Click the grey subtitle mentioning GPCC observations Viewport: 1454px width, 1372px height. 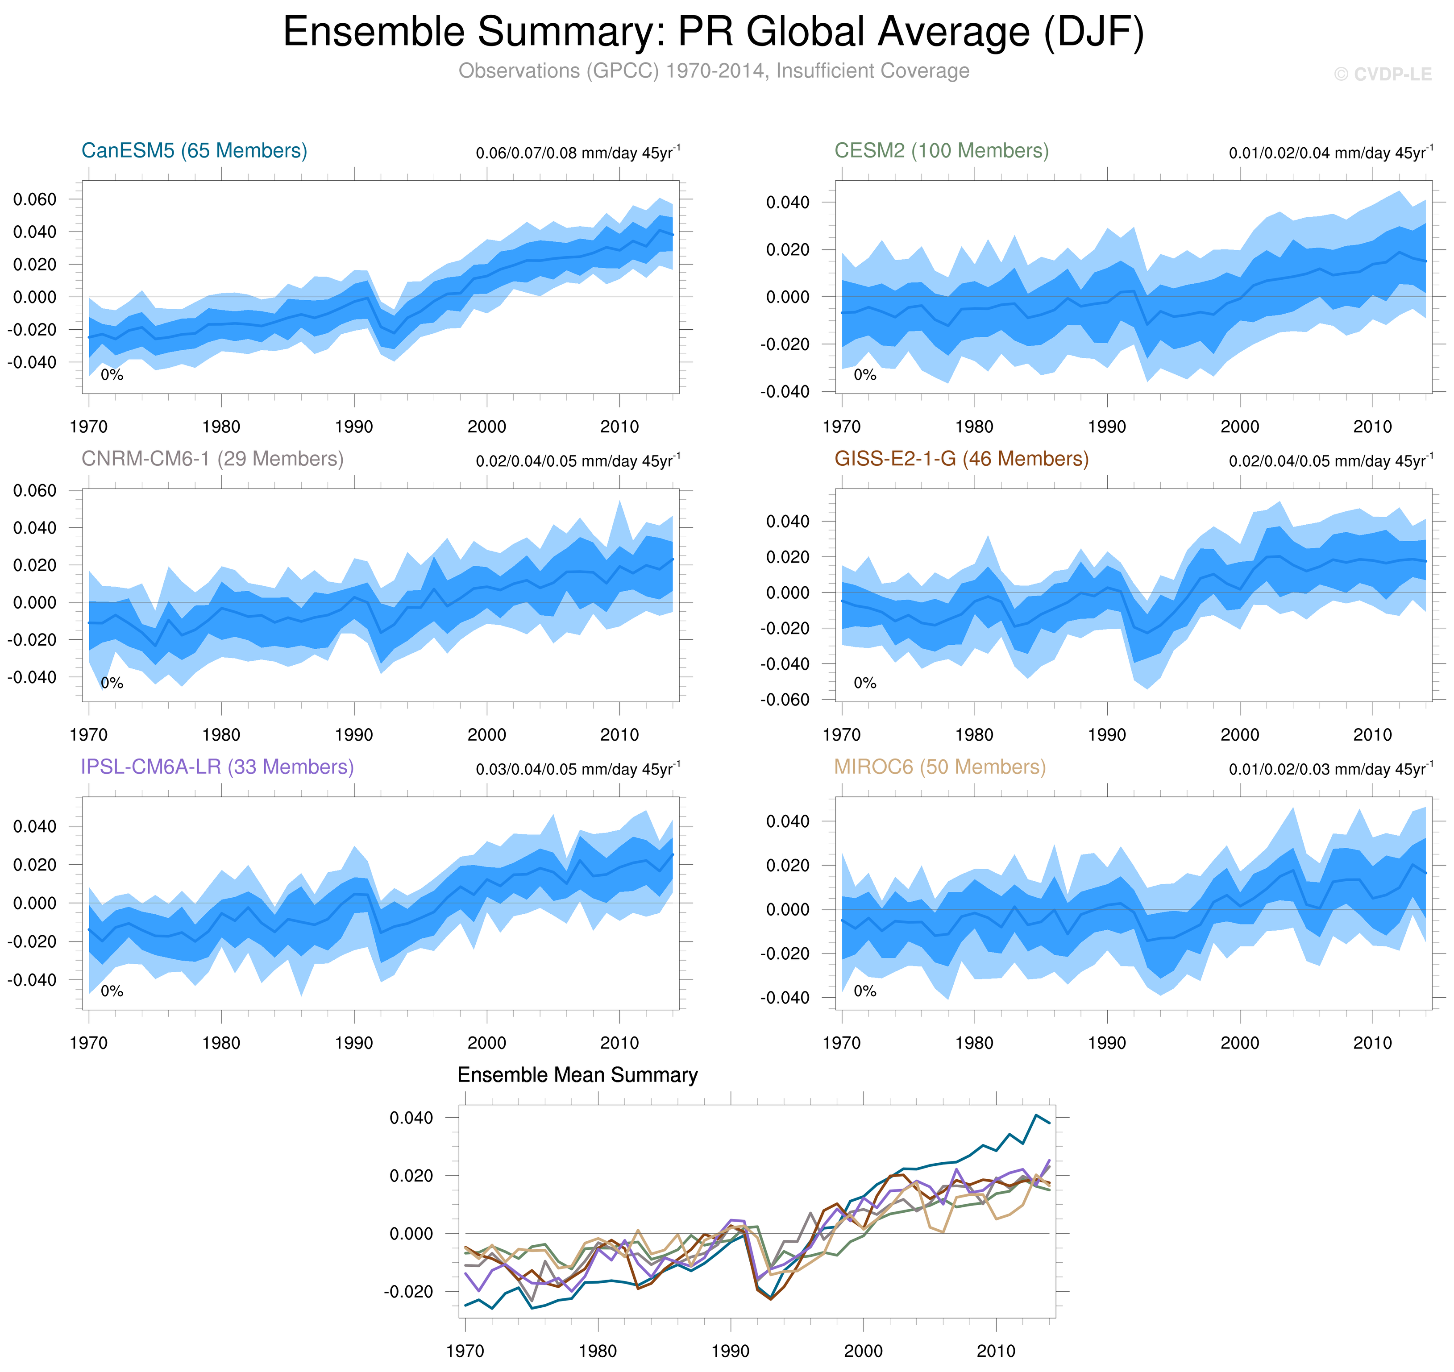[x=713, y=71]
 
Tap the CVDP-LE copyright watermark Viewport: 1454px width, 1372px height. [x=1382, y=75]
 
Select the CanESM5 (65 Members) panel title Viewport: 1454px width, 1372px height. [x=194, y=151]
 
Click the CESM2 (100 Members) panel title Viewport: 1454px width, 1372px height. [x=941, y=151]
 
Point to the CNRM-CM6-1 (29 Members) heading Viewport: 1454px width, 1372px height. [x=212, y=459]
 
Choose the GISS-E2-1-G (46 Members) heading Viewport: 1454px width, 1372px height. [x=961, y=459]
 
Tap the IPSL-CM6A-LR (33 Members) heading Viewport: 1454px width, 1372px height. [x=217, y=767]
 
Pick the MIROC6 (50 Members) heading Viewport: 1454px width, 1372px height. [x=940, y=767]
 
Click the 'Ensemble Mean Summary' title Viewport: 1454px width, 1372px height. [x=577, y=1074]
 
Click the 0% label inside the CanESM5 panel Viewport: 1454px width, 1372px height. [x=112, y=375]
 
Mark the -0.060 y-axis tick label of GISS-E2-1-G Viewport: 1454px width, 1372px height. [x=785, y=700]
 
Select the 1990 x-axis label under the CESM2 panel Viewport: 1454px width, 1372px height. [x=1107, y=427]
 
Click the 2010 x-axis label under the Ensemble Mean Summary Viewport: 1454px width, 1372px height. [x=995, y=1351]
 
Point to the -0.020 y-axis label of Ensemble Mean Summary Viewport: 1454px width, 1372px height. [x=408, y=1292]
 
